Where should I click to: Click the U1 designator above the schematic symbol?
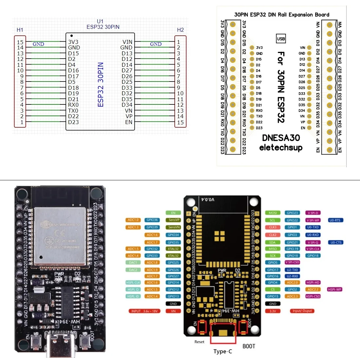pyautogui.click(x=100, y=21)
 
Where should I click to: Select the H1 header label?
pyautogui.click(x=20, y=30)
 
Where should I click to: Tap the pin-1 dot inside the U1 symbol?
pyautogui.click(x=72, y=36)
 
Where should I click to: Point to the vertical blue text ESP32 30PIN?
pyautogui.click(x=101, y=84)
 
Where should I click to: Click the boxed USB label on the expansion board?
pyautogui.click(x=281, y=39)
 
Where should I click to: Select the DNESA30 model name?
pyautogui.click(x=281, y=138)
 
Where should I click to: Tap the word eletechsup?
pyautogui.click(x=281, y=148)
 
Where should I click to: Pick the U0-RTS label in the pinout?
pyautogui.click(x=335, y=220)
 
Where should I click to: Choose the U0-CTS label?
pyautogui.click(x=336, y=243)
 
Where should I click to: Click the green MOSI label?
pyautogui.click(x=273, y=213)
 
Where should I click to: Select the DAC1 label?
pyautogui.click(x=133, y=262)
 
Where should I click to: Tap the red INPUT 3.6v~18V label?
pyautogui.click(x=144, y=311)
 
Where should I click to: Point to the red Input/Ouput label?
pyautogui.click(x=302, y=311)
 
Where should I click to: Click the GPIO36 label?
pyautogui.click(x=152, y=220)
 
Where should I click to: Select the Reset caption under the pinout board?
pyautogui.click(x=199, y=342)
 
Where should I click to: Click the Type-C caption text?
pyautogui.click(x=223, y=351)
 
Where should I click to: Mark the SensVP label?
pyautogui.click(x=173, y=220)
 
